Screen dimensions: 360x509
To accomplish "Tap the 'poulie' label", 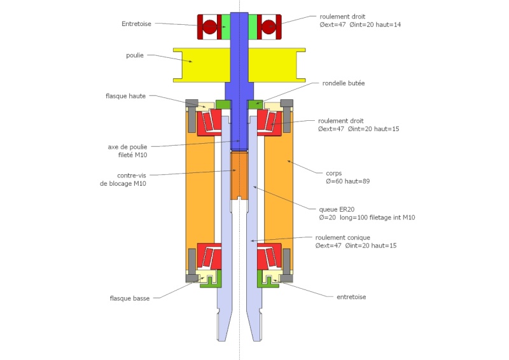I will click(x=135, y=55).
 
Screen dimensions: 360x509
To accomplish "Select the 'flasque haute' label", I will click(x=126, y=96).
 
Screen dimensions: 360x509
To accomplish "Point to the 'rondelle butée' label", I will click(x=344, y=83).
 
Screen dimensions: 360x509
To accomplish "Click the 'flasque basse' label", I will click(x=130, y=297).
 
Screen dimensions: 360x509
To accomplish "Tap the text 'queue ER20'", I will click(x=337, y=209).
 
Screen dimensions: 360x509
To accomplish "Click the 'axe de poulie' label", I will click(x=127, y=147).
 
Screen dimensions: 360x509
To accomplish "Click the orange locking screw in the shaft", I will click(x=239, y=174).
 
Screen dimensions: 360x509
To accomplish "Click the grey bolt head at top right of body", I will click(x=287, y=103).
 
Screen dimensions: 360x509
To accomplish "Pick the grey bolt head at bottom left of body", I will click(x=192, y=277).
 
